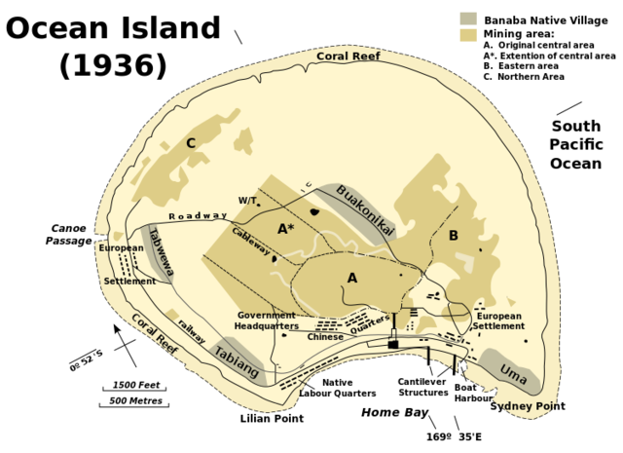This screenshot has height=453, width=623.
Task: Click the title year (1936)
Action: pos(113,65)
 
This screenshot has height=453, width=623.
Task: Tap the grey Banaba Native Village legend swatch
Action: pos(468,19)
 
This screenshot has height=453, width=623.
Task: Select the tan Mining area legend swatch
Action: pos(468,34)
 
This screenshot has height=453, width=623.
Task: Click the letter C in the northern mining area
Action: pos(191,143)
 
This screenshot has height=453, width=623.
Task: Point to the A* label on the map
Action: pos(285,229)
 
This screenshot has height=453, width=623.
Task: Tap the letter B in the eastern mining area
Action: pos(453,235)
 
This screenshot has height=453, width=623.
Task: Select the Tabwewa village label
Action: pos(161,252)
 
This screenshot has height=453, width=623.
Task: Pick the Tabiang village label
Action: pos(237,363)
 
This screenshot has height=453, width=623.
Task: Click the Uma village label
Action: pos(513,370)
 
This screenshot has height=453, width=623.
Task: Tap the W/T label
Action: pos(247,201)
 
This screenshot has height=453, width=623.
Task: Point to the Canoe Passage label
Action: pos(68,235)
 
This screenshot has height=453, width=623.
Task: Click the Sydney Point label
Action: pos(528,406)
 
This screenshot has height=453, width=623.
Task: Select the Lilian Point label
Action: pos(272,419)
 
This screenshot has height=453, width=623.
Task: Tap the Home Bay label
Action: pos(395,413)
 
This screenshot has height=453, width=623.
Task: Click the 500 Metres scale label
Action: pos(135,400)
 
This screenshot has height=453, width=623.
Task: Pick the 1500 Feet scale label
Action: pos(136,385)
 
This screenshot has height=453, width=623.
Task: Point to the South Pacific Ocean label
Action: pos(576,144)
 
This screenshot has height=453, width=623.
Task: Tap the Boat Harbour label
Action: pos(473,393)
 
